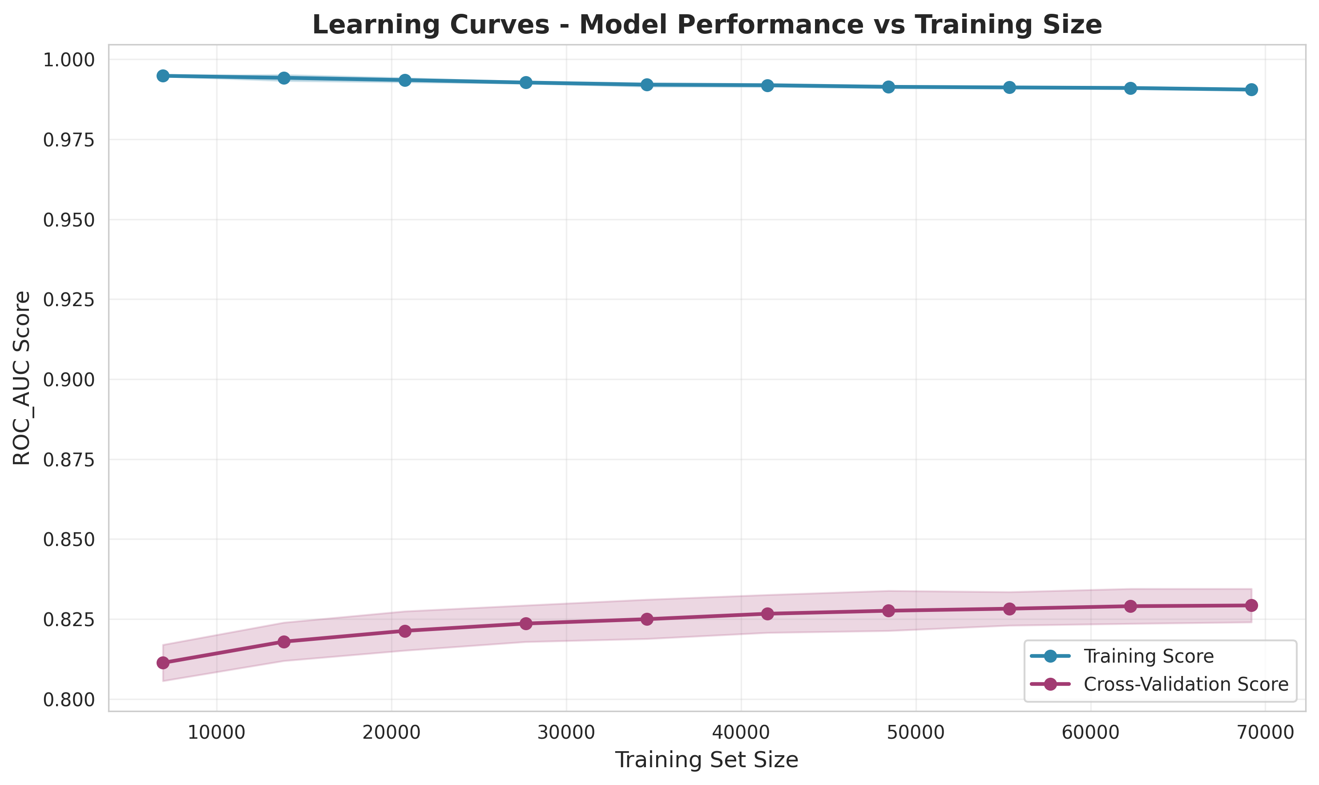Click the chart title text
[x=707, y=25]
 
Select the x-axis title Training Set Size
[x=707, y=760]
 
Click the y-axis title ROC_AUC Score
[x=22, y=378]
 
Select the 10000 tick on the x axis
[x=217, y=732]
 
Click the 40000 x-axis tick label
[x=741, y=732]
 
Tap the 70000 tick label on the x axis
[x=1265, y=732]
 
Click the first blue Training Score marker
[x=163, y=76]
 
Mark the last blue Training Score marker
[x=1251, y=89]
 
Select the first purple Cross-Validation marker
[x=163, y=663]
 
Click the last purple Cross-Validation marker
[x=1251, y=605]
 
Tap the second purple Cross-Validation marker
[x=284, y=642]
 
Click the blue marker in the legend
[x=1050, y=656]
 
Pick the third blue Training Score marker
[x=405, y=81]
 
